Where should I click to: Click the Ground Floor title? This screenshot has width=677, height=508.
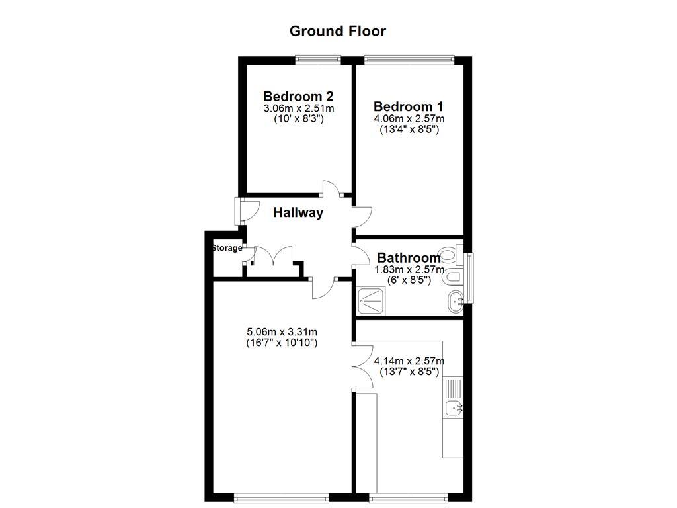[x=338, y=31]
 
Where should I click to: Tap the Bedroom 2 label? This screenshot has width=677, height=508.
[x=298, y=95]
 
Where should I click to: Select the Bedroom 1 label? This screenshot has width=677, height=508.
[x=409, y=106]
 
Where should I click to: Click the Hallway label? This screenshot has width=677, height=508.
[x=298, y=212]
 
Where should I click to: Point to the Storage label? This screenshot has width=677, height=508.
[x=227, y=248]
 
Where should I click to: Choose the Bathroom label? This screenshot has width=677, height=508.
[x=409, y=258]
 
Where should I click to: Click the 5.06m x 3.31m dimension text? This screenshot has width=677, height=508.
[x=281, y=331]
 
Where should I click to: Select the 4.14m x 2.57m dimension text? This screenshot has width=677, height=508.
[x=409, y=361]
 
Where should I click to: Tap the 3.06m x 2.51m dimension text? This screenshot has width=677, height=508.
[x=298, y=108]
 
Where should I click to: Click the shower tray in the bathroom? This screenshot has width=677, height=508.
[x=372, y=301]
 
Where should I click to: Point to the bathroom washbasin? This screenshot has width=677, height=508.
[x=456, y=302]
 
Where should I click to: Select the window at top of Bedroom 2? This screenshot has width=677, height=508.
[x=318, y=60]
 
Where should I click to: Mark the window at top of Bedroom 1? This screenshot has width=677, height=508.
[x=409, y=60]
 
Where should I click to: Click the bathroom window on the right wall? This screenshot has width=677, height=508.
[x=469, y=278]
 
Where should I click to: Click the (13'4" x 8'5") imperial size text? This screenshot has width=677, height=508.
[x=409, y=130]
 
